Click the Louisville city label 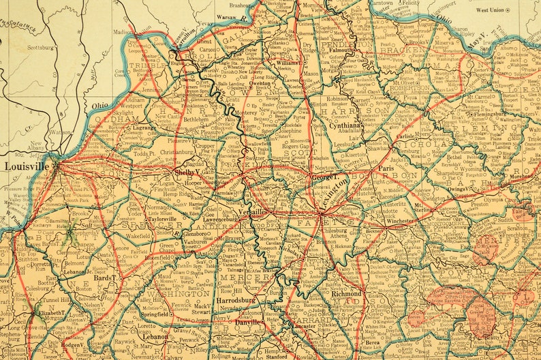click(x=27, y=166)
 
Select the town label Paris click(x=386, y=168)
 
